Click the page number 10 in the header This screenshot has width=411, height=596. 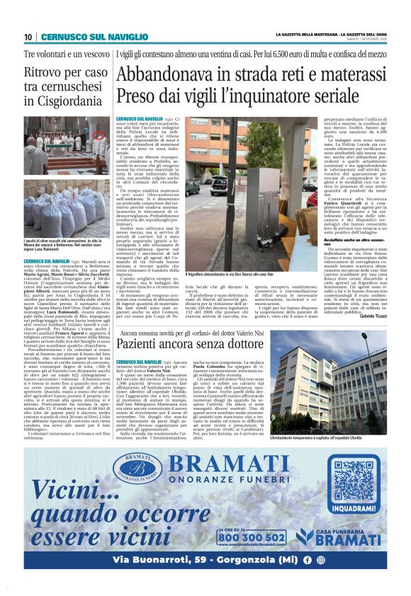28,37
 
